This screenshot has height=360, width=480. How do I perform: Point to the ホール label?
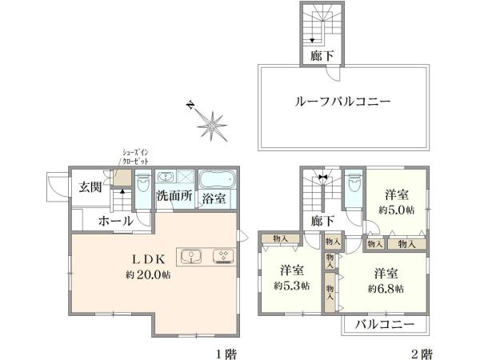(x=115, y=222)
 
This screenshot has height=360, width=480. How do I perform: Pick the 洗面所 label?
(x=173, y=196)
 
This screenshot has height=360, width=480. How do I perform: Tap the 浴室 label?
(x=213, y=198)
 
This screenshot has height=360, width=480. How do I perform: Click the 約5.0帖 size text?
(x=396, y=210)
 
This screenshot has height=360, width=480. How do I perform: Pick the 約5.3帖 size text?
(x=292, y=286)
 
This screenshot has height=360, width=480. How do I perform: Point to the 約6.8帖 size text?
(x=386, y=287)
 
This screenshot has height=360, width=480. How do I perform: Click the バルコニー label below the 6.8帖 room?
(x=385, y=325)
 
